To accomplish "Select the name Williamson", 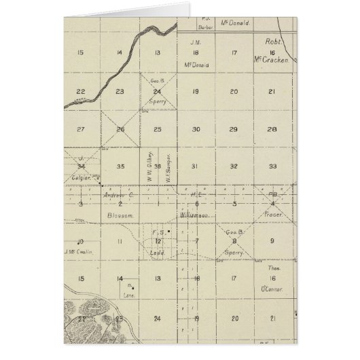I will [x=196, y=213].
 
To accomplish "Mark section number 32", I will [x=234, y=165].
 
